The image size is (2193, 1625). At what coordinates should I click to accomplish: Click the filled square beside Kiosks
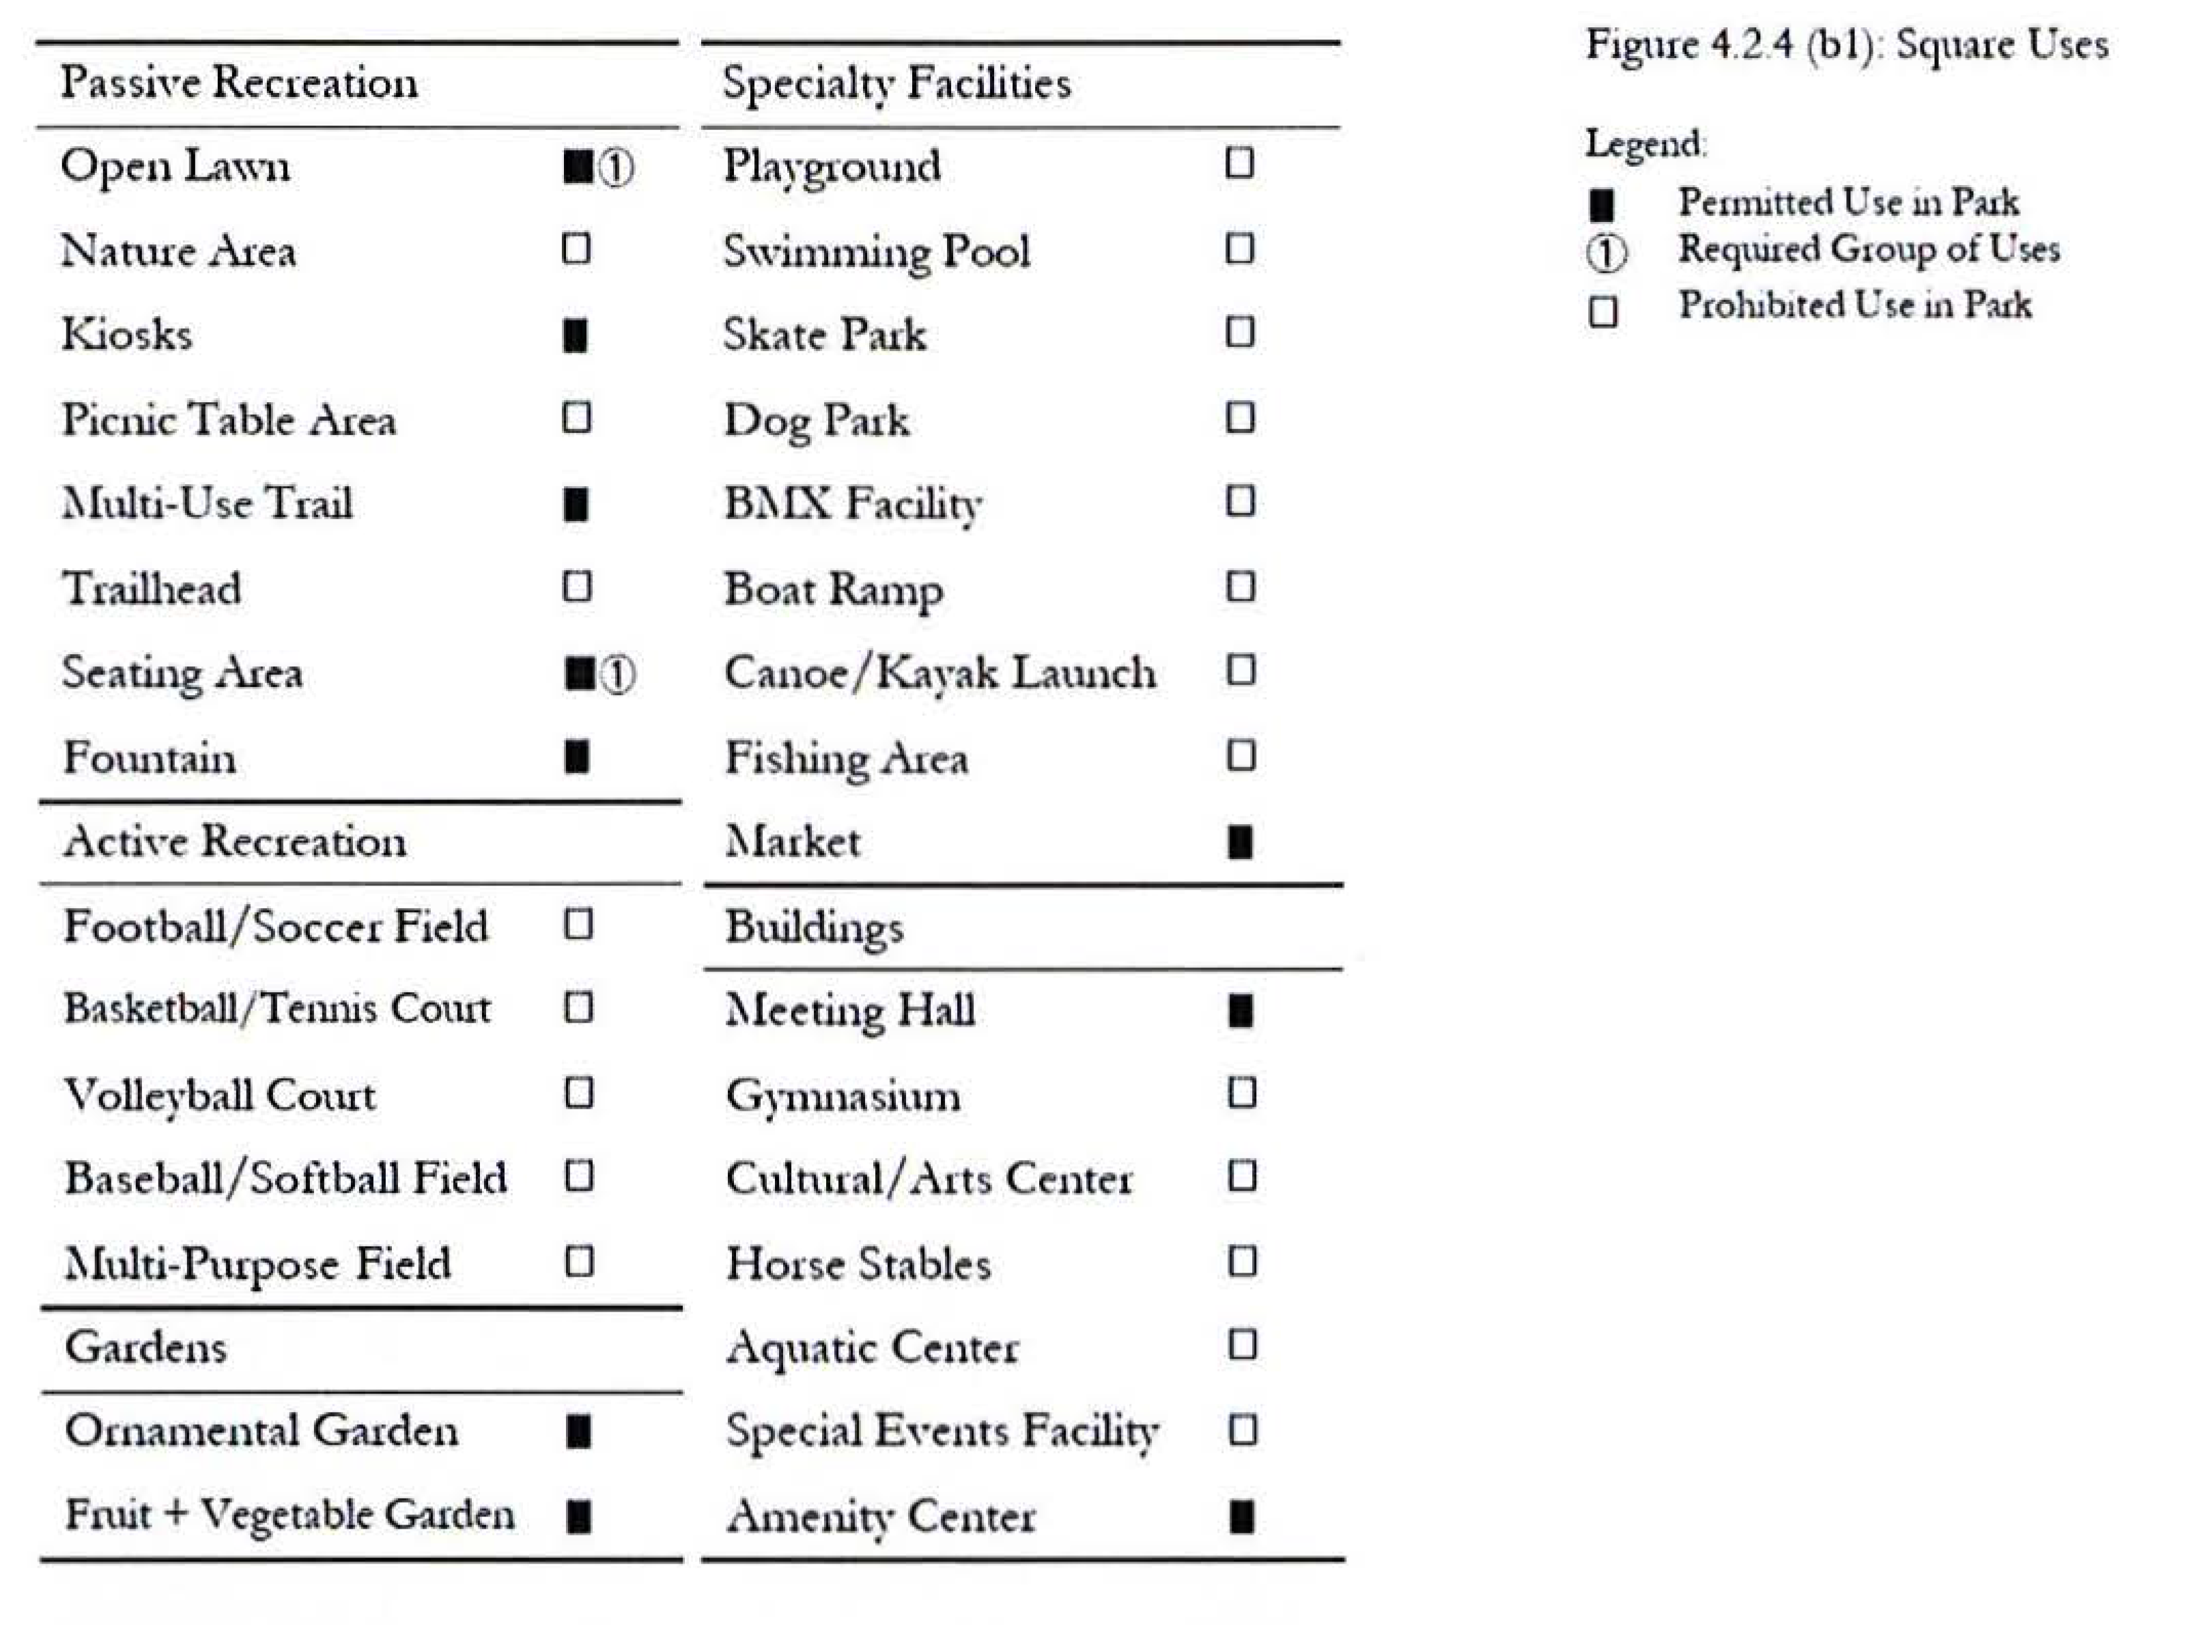click(576, 335)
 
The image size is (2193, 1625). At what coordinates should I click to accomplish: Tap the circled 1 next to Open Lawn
click(616, 168)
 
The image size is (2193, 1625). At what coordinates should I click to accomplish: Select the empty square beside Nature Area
click(576, 249)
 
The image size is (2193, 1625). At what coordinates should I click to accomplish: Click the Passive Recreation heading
click(239, 82)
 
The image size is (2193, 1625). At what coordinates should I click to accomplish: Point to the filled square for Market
click(1240, 842)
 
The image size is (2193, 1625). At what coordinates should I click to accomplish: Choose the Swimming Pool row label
click(876, 251)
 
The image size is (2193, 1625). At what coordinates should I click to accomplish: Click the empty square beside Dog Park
click(1240, 418)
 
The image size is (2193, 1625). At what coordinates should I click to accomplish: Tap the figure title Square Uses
click(1846, 45)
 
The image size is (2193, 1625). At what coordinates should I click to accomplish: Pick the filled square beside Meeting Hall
click(1241, 1011)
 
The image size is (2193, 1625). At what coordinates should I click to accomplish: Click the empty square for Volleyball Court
click(579, 1093)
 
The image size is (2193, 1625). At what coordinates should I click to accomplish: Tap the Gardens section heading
click(145, 1346)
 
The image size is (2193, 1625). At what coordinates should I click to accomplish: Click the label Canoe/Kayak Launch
click(940, 673)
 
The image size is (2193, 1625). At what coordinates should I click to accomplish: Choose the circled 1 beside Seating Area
click(618, 675)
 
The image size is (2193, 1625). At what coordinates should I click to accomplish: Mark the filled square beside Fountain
click(577, 757)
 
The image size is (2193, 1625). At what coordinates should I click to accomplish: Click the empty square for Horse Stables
click(1242, 1262)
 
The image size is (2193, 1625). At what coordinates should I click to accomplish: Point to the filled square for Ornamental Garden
click(579, 1432)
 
